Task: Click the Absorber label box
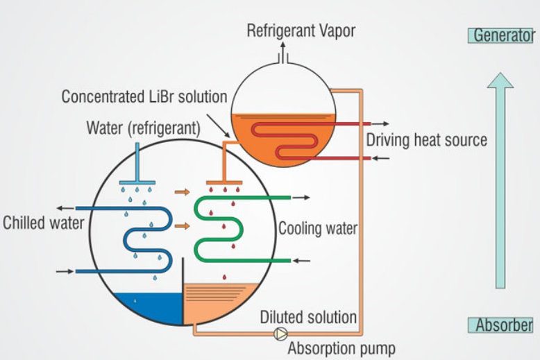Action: [x=503, y=325]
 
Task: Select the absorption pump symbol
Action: [x=279, y=334]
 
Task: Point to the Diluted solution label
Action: [x=308, y=318]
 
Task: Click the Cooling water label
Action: [x=317, y=228]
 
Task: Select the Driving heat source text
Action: [x=426, y=140]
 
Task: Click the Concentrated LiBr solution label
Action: [x=144, y=96]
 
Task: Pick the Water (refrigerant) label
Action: [x=143, y=129]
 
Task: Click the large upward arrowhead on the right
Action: [x=500, y=81]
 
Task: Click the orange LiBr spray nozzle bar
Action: [x=223, y=182]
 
